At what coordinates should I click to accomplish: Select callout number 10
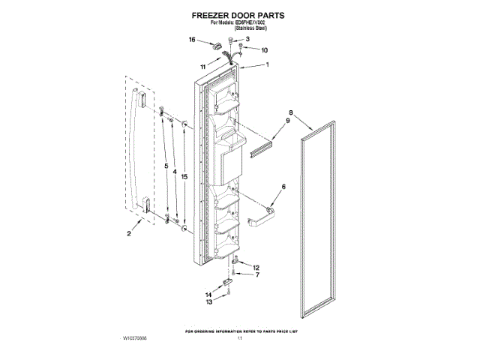point(263,50)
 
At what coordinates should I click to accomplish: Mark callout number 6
point(283,186)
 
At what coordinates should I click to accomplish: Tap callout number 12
point(256,268)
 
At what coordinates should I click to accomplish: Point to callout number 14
point(209,295)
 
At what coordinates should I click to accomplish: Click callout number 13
point(209,302)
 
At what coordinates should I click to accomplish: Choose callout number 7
point(256,275)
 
